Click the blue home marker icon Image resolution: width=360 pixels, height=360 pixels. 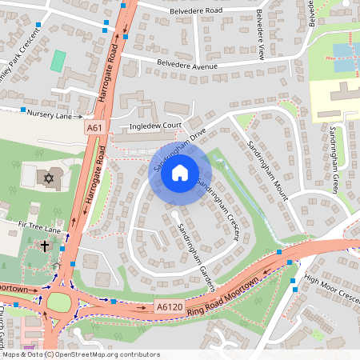pos(180,172)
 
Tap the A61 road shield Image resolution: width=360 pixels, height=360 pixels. pos(95,127)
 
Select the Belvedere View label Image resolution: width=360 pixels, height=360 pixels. pos(260,35)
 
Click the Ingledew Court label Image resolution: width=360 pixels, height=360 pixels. pos(151,126)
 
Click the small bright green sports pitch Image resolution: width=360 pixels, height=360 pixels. pos(58,60)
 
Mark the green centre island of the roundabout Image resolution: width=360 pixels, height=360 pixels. pos(59,302)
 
